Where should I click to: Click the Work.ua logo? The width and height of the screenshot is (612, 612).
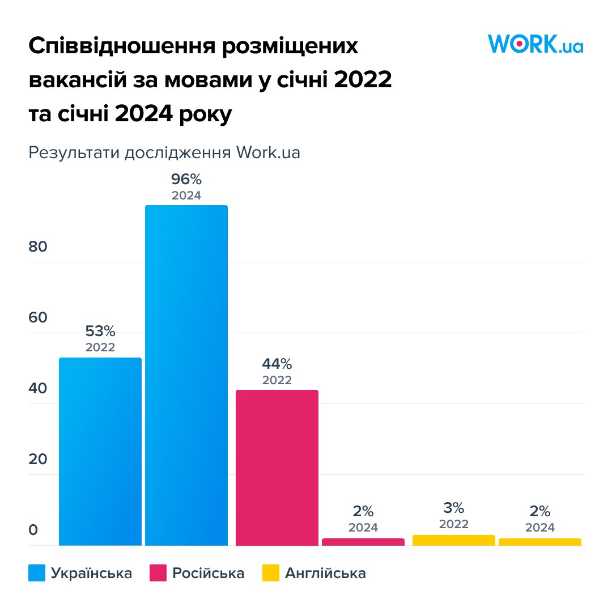(x=535, y=44)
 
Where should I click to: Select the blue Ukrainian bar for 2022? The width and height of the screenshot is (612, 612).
(x=100, y=451)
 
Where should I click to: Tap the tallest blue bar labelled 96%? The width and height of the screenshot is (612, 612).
(x=186, y=375)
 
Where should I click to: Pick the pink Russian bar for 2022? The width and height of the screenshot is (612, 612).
(x=277, y=467)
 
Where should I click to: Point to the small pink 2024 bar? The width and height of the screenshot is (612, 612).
(x=363, y=542)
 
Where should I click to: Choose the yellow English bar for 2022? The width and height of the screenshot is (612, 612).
(x=454, y=540)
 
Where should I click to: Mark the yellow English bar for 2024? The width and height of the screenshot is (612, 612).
(x=540, y=542)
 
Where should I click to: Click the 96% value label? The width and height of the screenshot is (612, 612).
(x=186, y=180)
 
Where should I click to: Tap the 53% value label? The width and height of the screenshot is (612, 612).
(x=100, y=331)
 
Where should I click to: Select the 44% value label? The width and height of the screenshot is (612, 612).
(x=277, y=364)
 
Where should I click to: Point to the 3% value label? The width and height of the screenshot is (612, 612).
(x=454, y=508)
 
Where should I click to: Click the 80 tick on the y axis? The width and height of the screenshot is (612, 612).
(x=38, y=247)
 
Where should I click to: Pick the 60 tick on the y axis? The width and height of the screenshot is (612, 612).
(x=38, y=318)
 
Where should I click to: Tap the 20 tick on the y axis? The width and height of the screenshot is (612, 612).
(x=38, y=460)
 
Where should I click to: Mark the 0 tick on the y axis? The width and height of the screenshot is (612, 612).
(x=33, y=530)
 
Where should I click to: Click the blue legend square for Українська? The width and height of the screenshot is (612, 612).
(x=37, y=573)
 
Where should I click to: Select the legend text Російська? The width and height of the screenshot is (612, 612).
(x=209, y=573)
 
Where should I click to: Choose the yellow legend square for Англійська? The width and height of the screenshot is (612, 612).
(x=271, y=573)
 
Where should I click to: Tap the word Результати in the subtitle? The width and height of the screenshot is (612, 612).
(x=74, y=153)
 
